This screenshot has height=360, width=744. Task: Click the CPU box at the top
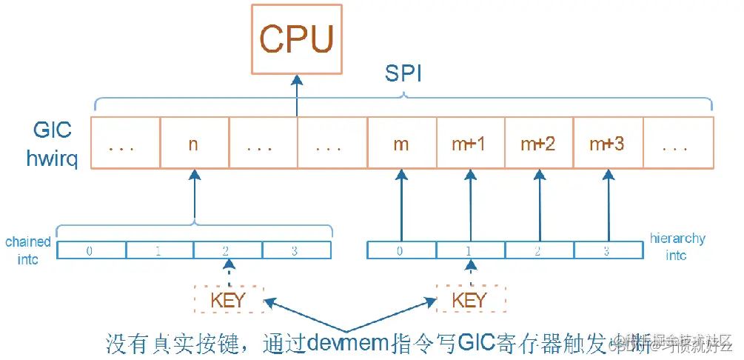(296, 39)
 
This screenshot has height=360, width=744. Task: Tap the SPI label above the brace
(403, 74)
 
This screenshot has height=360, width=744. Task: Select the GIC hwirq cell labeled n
(193, 144)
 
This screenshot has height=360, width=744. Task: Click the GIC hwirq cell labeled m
(401, 144)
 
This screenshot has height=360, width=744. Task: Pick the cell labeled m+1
(469, 144)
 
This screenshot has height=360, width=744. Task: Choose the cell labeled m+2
(538, 144)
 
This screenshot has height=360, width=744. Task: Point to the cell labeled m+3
(606, 144)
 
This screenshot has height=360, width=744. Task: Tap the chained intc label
(28, 250)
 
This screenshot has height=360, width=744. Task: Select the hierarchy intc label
(677, 247)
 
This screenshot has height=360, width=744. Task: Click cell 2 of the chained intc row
(228, 251)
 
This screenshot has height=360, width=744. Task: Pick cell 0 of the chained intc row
(90, 251)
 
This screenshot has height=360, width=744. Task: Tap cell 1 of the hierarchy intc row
(469, 251)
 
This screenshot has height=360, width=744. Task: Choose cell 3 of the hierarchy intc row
(606, 251)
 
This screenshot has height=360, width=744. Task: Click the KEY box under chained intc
(228, 300)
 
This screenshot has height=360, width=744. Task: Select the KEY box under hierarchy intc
(469, 300)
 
